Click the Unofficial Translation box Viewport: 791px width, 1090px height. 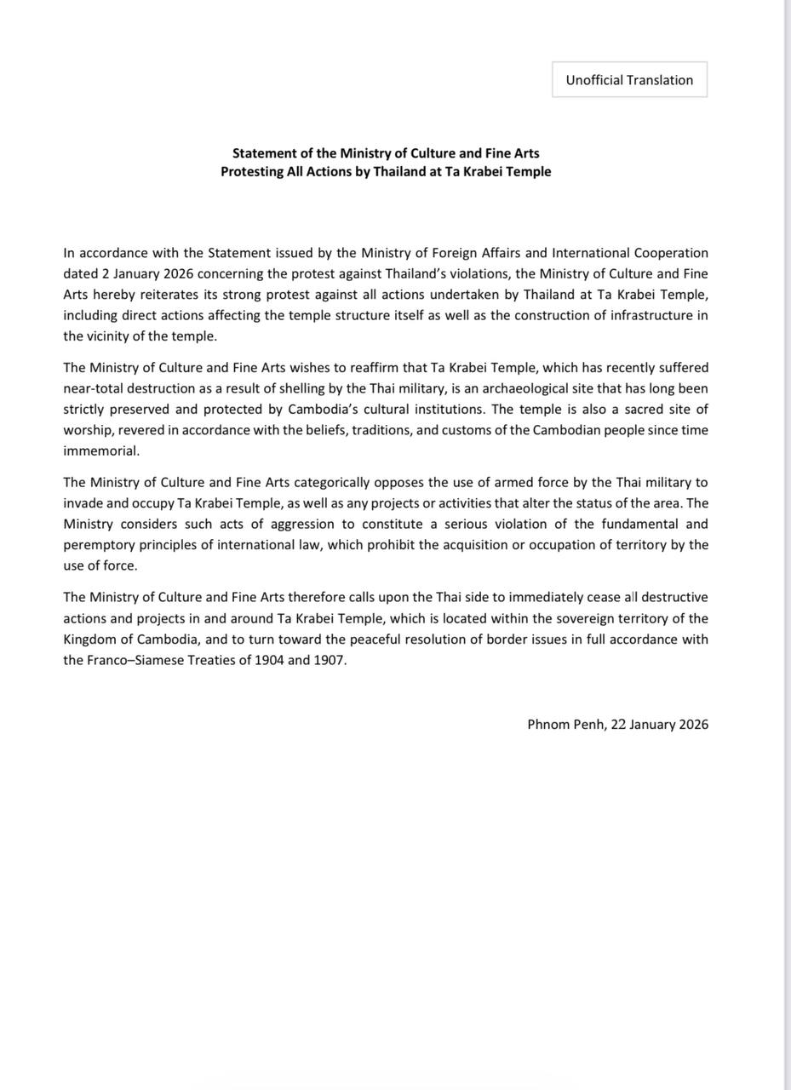coord(629,80)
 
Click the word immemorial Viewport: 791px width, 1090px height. coord(100,450)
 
